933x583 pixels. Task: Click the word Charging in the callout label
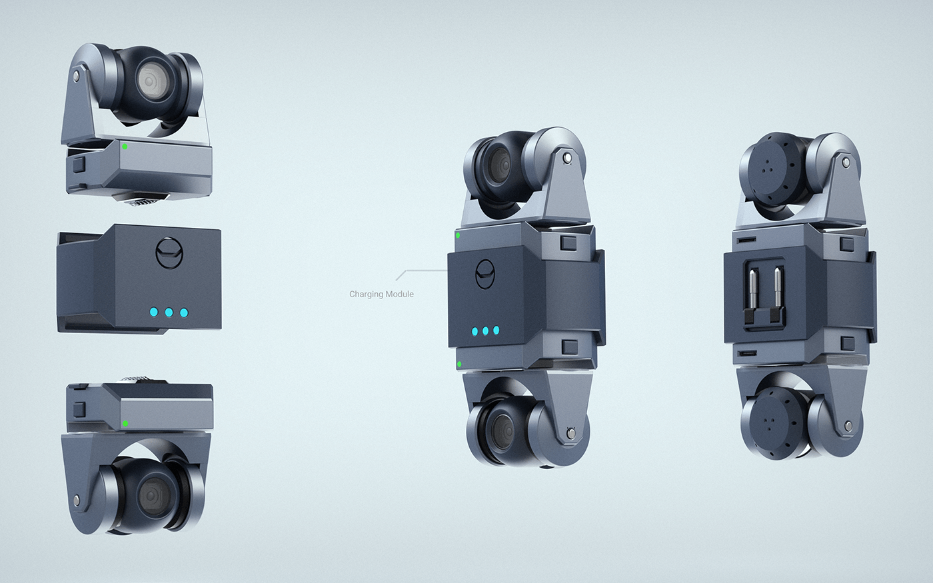point(365,294)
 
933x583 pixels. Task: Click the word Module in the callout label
point(399,294)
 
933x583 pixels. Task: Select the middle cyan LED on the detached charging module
point(169,312)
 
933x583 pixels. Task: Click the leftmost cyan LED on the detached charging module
point(154,312)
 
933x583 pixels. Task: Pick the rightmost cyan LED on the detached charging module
point(184,312)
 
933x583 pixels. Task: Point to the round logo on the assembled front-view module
point(486,275)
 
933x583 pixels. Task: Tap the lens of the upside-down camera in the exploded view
point(151,495)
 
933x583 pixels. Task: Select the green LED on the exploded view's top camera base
point(124,146)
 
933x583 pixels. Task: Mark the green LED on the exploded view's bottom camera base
point(125,423)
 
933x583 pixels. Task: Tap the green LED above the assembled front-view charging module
point(458,235)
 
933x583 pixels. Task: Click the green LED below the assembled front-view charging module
point(460,364)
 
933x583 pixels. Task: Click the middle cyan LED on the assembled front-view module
point(486,331)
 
